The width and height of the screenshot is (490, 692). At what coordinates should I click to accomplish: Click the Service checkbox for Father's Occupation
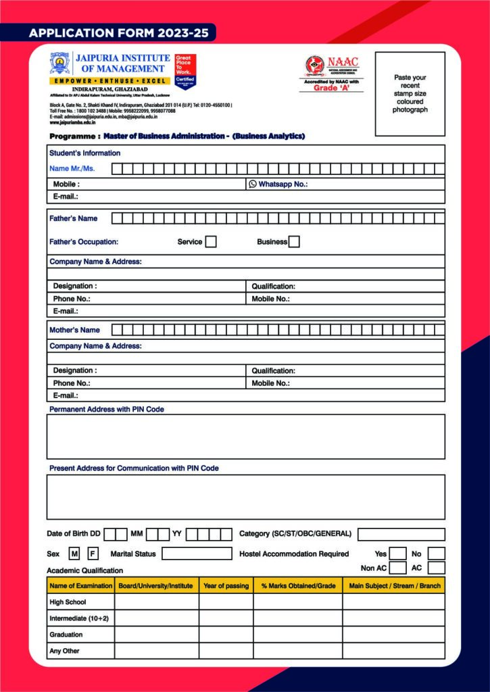click(x=211, y=242)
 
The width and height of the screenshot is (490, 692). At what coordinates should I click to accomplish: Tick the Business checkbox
click(x=294, y=242)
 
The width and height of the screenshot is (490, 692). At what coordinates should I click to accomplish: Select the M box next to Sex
click(x=75, y=554)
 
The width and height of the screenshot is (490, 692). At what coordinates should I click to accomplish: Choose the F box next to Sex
click(x=93, y=554)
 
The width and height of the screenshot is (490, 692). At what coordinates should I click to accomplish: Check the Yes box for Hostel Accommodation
click(x=398, y=554)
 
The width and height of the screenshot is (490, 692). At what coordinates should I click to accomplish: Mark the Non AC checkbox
click(x=398, y=568)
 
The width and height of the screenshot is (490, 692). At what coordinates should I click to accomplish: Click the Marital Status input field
click(x=197, y=554)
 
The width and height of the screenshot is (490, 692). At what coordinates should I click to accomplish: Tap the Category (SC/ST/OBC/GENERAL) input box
click(x=401, y=535)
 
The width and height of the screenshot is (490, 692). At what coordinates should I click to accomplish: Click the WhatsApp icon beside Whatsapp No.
click(x=253, y=184)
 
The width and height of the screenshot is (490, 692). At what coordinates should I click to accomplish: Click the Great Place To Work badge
click(x=185, y=71)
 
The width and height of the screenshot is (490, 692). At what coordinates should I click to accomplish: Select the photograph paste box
click(x=410, y=93)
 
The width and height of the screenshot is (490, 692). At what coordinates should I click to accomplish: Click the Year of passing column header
click(x=226, y=586)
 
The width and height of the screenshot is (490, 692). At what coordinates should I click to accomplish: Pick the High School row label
click(x=68, y=602)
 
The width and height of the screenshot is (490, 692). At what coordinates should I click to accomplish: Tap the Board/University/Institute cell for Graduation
click(x=156, y=635)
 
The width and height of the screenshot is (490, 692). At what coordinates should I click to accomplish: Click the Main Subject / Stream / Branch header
click(x=393, y=586)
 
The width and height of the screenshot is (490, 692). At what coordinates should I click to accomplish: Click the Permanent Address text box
click(x=245, y=437)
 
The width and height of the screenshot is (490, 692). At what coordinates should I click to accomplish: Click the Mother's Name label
click(x=74, y=330)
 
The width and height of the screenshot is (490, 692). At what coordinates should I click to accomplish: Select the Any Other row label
click(x=64, y=651)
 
